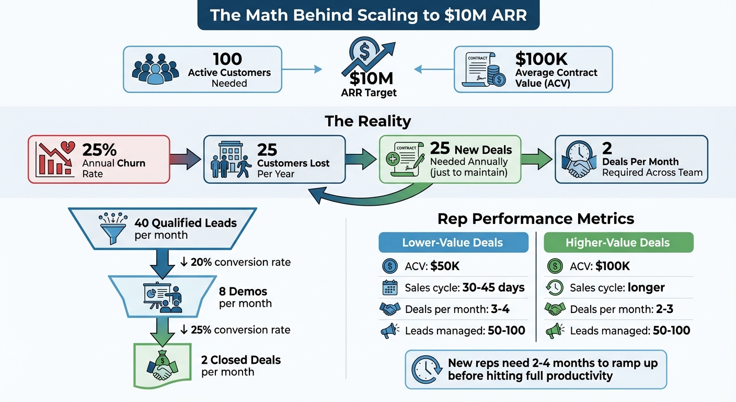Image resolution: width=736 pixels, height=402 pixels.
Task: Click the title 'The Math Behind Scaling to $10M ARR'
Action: click(368, 15)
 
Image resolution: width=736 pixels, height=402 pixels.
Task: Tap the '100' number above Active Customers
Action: click(227, 59)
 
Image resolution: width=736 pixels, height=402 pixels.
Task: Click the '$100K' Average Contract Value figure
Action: click(541, 59)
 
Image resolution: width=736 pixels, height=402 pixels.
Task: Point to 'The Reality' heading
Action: click(367, 121)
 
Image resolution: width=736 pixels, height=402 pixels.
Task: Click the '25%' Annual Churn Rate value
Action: click(99, 150)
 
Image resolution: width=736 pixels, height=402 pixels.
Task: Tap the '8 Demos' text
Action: click(243, 291)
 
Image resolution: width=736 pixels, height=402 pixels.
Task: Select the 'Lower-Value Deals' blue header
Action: click(453, 242)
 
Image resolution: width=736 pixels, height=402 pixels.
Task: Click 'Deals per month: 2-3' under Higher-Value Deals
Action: click(621, 309)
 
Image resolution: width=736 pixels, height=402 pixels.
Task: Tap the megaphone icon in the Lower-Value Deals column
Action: click(389, 330)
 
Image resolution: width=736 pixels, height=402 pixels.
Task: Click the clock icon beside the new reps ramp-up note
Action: click(425, 368)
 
